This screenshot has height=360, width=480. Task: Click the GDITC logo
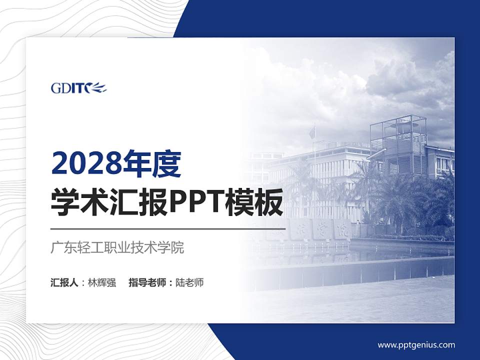tap(78, 88)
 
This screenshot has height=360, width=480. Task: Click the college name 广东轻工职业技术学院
tap(117, 247)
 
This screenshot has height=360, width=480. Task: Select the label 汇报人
tap(64, 282)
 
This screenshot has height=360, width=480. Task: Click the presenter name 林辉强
tap(102, 282)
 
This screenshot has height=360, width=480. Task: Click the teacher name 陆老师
tap(190, 282)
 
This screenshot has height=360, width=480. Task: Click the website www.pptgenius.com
tap(416, 345)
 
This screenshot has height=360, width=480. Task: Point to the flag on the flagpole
tap(312, 132)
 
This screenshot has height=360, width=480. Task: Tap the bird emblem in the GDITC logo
tap(98, 88)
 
